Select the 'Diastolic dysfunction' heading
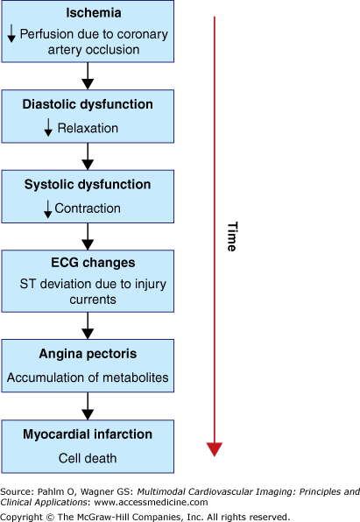[87, 104]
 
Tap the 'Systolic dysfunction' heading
[87, 185]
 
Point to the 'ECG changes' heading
[87, 263]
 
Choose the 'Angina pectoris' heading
[87, 355]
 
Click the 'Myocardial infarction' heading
[87, 434]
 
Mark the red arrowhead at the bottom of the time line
[215, 448]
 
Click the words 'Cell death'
[87, 458]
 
